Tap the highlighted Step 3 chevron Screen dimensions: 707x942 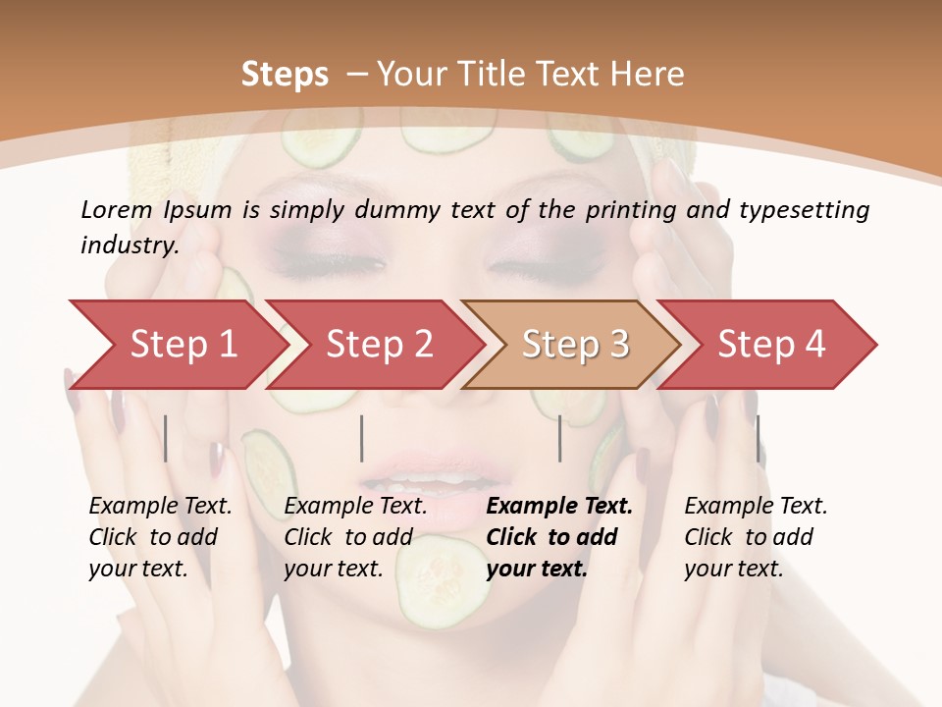[574, 344]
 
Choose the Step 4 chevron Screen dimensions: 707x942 [771, 344]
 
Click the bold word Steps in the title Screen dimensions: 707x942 [285, 74]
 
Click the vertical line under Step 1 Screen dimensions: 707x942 [166, 438]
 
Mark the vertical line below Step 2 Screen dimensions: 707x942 [362, 438]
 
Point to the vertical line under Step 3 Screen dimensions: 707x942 [559, 438]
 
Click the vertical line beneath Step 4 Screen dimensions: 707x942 [758, 438]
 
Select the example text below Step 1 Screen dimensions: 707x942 [159, 537]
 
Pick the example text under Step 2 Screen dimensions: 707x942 [354, 537]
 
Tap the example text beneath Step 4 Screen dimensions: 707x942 [755, 537]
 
